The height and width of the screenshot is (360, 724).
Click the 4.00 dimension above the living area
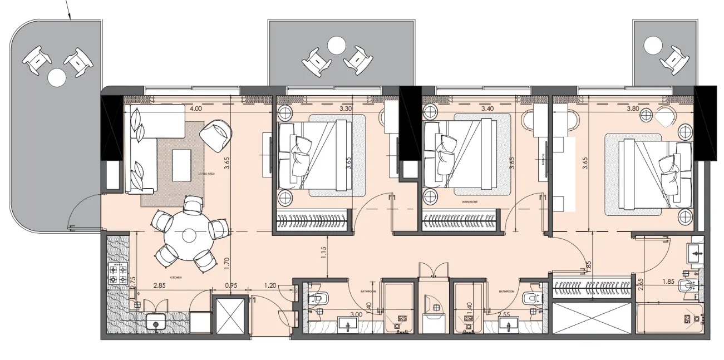point(195,109)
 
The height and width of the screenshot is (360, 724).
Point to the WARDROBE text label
point(470,203)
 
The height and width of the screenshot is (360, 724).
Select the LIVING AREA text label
point(206,174)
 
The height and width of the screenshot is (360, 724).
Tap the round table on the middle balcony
point(337,44)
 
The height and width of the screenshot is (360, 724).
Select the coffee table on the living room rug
point(181,164)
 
